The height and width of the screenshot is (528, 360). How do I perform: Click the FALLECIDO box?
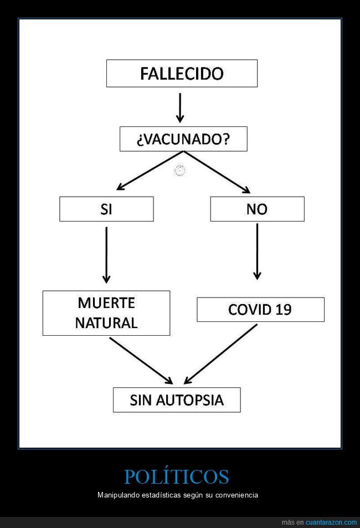(x=182, y=73)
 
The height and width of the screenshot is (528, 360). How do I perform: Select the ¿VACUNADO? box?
(x=183, y=139)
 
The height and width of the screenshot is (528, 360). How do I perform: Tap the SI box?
(x=106, y=209)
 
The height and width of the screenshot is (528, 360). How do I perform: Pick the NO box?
(x=257, y=209)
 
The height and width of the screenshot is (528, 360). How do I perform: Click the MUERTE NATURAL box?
(x=106, y=313)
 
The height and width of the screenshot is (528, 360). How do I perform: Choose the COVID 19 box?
(x=260, y=310)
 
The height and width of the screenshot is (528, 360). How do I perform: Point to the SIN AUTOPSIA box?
(x=177, y=400)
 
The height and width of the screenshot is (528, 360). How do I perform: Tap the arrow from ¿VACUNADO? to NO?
(x=217, y=172)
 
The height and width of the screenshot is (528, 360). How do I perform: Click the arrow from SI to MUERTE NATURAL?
(x=106, y=255)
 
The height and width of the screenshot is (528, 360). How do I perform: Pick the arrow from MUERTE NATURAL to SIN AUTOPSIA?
(x=141, y=361)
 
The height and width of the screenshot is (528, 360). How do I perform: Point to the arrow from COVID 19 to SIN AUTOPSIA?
(x=220, y=354)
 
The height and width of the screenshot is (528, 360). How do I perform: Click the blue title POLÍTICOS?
(x=176, y=476)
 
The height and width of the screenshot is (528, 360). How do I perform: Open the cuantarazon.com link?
(x=331, y=522)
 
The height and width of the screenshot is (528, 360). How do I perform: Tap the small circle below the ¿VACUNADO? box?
(x=179, y=171)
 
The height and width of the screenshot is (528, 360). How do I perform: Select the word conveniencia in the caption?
(x=238, y=495)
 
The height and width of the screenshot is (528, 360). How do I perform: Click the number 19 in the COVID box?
(x=283, y=310)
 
